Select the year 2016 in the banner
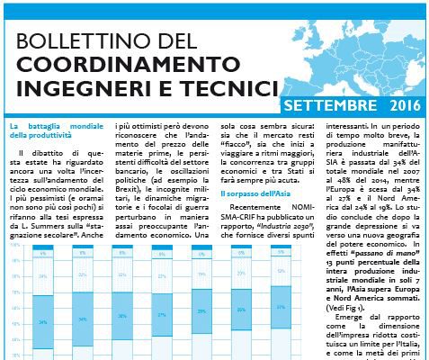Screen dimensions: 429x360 point(403,107)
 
